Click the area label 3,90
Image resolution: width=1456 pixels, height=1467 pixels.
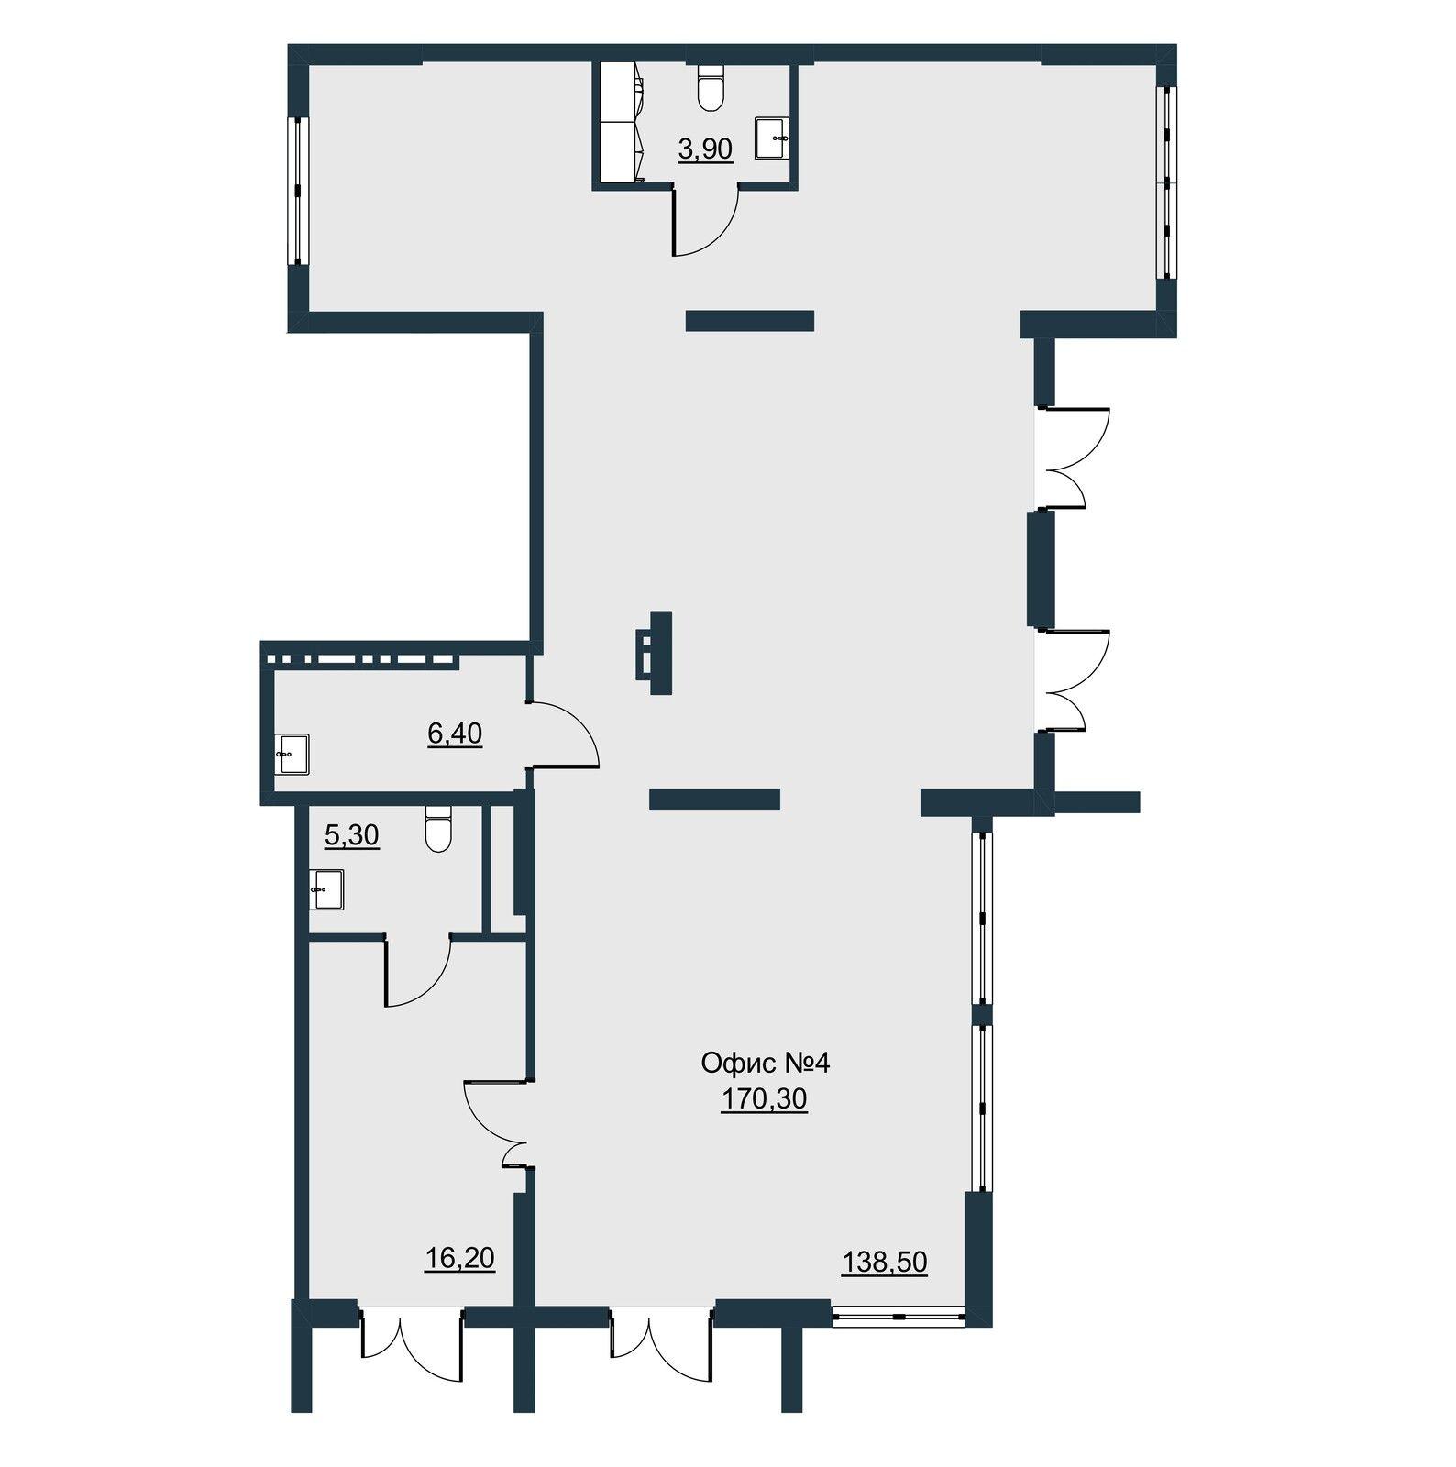pos(705,149)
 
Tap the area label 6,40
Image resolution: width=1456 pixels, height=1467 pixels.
pos(455,733)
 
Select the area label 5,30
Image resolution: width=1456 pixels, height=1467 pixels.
pos(352,835)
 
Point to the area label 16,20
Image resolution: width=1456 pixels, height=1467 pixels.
pos(460,1258)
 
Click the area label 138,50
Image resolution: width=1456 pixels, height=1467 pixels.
pos(885,1263)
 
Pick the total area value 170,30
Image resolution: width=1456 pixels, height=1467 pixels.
pos(764,1098)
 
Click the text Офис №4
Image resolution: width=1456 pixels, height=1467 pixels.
pos(765,1064)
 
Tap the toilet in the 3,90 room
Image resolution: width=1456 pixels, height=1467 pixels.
pos(711,87)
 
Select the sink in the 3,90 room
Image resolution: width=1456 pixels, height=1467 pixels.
pos(772,138)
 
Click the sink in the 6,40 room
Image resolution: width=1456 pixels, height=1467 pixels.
pos(292,755)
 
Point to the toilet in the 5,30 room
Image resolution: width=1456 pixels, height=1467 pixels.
pos(439,829)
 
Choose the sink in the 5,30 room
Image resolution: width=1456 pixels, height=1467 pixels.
pos(325,889)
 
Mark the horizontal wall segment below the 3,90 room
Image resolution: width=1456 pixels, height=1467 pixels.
pos(750,320)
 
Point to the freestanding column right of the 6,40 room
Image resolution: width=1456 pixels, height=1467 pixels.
pos(656,653)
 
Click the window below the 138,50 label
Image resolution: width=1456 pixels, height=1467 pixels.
pos(899,1318)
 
